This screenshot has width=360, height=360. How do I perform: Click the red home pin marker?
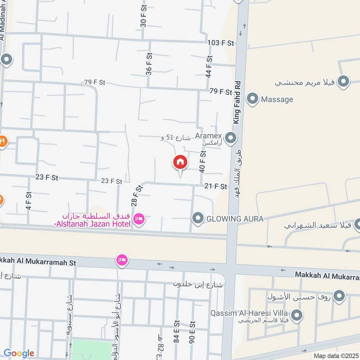click(180, 162)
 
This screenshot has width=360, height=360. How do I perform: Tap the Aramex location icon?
click(231, 138)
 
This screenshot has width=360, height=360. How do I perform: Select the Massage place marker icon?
click(253, 99)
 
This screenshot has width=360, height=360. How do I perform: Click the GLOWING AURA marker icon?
click(198, 219)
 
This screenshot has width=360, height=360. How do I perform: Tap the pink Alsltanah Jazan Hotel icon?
click(139, 219)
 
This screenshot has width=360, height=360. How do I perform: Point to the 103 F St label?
click(221, 43)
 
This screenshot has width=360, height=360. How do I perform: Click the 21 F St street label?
click(216, 186)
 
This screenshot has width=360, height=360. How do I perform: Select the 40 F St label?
click(202, 162)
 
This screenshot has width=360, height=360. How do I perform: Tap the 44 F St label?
click(209, 67)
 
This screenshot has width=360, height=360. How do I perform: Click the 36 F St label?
click(148, 63)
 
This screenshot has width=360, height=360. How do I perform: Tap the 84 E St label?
click(177, 329)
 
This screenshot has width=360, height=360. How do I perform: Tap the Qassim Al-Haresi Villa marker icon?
click(296, 316)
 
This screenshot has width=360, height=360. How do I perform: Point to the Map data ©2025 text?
click(335, 355)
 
